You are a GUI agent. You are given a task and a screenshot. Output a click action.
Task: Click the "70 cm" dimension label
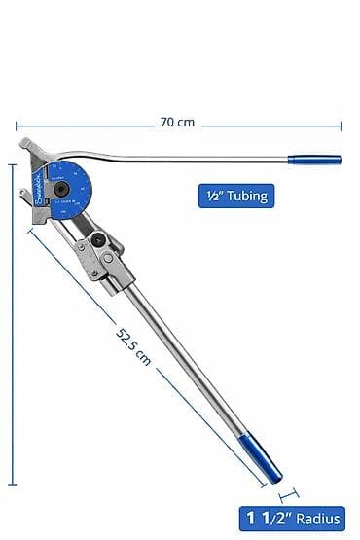click(177, 123)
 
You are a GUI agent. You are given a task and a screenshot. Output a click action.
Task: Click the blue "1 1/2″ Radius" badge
click(297, 520)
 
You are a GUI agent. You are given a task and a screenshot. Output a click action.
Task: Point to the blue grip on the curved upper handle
click(313, 159)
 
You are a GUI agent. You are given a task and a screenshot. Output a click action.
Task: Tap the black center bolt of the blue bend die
click(62, 189)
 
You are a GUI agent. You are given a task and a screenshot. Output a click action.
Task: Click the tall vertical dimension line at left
click(12, 321)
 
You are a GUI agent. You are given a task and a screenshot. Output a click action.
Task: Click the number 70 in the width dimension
click(169, 123)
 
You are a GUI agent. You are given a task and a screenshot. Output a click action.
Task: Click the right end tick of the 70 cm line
click(341, 124)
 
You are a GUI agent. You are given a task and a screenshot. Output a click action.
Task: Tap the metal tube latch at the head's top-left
click(28, 147)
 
